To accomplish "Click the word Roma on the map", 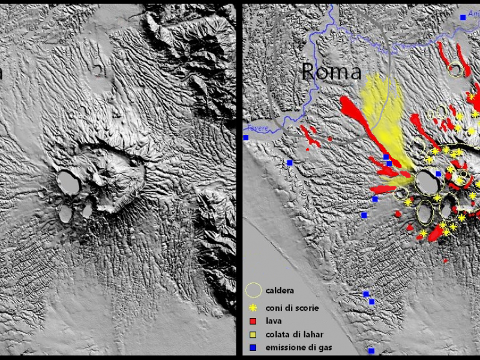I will click(x=331, y=72).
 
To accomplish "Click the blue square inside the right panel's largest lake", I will click(x=438, y=174).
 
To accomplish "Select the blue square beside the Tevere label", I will click(x=246, y=138).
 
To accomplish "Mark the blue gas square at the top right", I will click(x=463, y=17).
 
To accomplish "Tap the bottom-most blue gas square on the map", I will click(x=371, y=350).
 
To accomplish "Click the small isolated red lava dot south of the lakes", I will click(x=445, y=261).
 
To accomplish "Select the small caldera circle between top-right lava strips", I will click(x=457, y=70).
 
